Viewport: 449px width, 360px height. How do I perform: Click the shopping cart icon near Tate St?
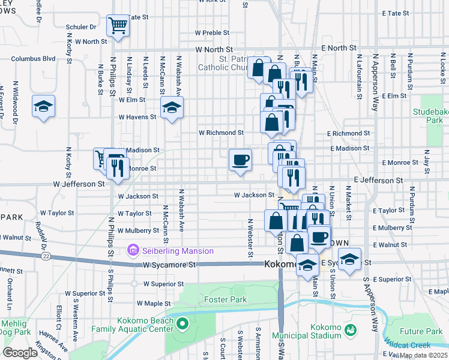click(x=118, y=25)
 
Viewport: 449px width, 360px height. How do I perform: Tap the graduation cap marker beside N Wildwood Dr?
click(x=44, y=106)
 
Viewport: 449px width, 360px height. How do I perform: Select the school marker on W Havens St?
click(x=172, y=108)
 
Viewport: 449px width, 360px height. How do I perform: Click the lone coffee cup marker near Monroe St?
click(x=240, y=160)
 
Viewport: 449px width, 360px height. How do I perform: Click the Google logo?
click(x=20, y=353)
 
